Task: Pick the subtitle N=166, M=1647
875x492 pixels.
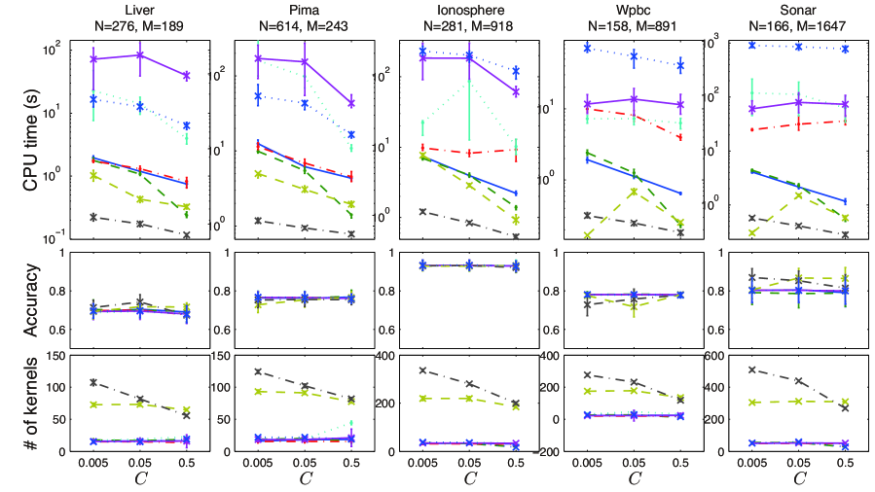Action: (798, 25)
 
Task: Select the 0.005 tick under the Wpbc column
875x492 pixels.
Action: (587, 462)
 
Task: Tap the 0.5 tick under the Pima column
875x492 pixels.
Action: (351, 462)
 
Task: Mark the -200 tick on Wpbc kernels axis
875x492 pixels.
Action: (556, 451)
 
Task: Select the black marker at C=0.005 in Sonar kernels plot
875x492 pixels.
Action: (751, 369)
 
